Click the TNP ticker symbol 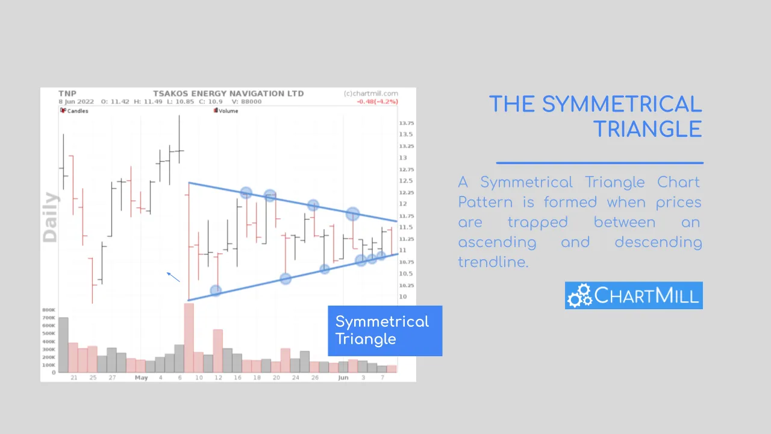coord(67,93)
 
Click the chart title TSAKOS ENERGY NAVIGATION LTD coord(228,93)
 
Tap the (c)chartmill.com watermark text coord(370,93)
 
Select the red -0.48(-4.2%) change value coord(377,102)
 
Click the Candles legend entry coord(74,110)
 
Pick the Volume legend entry coord(226,110)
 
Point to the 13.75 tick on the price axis coord(407,123)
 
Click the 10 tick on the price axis coord(403,296)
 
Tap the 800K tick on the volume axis coord(49,310)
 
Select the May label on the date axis coord(141,377)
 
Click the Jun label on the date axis coord(343,377)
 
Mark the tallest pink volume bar coord(189,338)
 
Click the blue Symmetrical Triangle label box coord(385,331)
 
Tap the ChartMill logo coord(634,295)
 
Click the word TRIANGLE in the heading coord(648,130)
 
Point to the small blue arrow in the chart coord(173,277)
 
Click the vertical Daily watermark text coord(50,217)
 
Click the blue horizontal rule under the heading coord(600,163)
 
